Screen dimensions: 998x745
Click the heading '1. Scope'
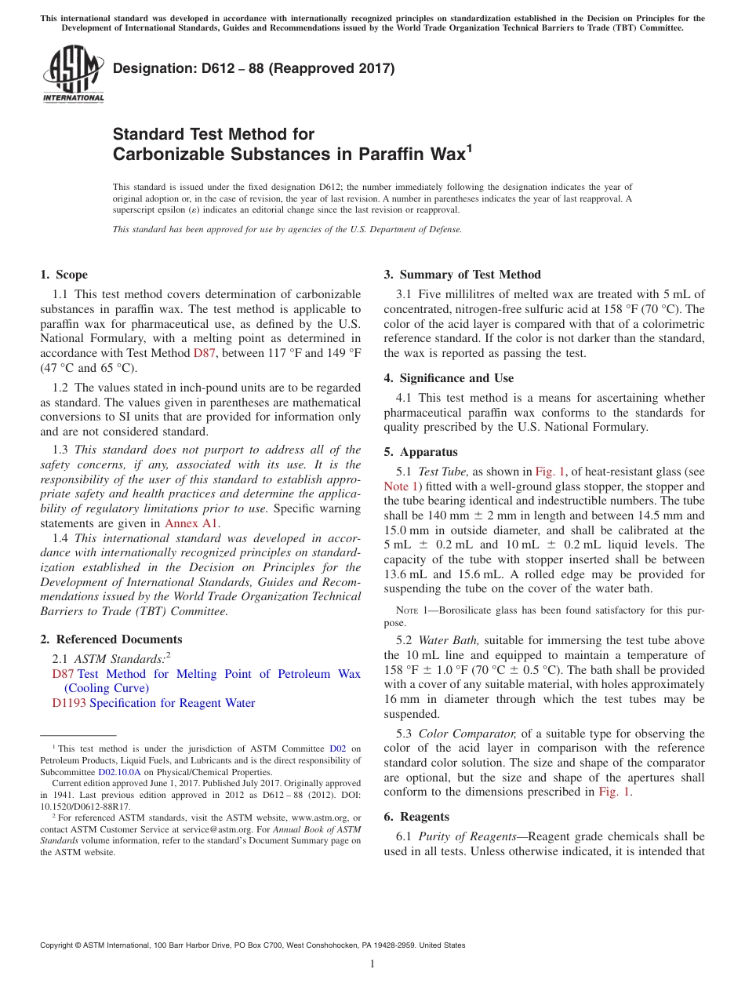64,275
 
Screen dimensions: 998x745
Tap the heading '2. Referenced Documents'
111,639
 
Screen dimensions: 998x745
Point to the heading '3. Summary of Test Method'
462,275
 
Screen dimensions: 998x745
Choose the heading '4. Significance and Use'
449,378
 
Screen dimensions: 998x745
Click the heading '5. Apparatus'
420,452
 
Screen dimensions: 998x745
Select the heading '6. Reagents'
416,817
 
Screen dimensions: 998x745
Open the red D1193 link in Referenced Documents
69,703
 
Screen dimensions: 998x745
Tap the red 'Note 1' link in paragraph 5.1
402,486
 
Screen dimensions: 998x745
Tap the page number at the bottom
372,964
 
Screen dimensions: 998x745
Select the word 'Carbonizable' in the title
169,154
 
